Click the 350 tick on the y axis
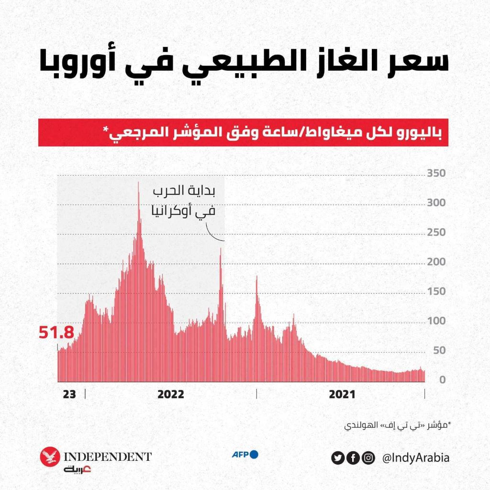pyautogui.click(x=436, y=173)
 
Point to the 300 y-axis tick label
pyautogui.click(x=436, y=203)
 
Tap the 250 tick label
pyautogui.click(x=436, y=233)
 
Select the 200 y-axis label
pyautogui.click(x=436, y=262)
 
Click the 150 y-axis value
pyautogui.click(x=436, y=291)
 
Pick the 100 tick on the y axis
pyautogui.click(x=436, y=321)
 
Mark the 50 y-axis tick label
pyautogui.click(x=439, y=351)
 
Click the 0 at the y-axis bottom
pyautogui.click(x=443, y=380)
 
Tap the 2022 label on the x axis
pyautogui.click(x=171, y=394)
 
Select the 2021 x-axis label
pyautogui.click(x=342, y=394)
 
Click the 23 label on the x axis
pyautogui.click(x=69, y=394)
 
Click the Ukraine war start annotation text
pyautogui.click(x=184, y=201)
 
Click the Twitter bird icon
pyautogui.click(x=338, y=458)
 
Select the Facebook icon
pyautogui.click(x=353, y=458)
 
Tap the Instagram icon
pyautogui.click(x=368, y=458)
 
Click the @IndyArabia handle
pyautogui.click(x=416, y=458)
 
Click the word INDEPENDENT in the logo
pyautogui.click(x=108, y=456)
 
